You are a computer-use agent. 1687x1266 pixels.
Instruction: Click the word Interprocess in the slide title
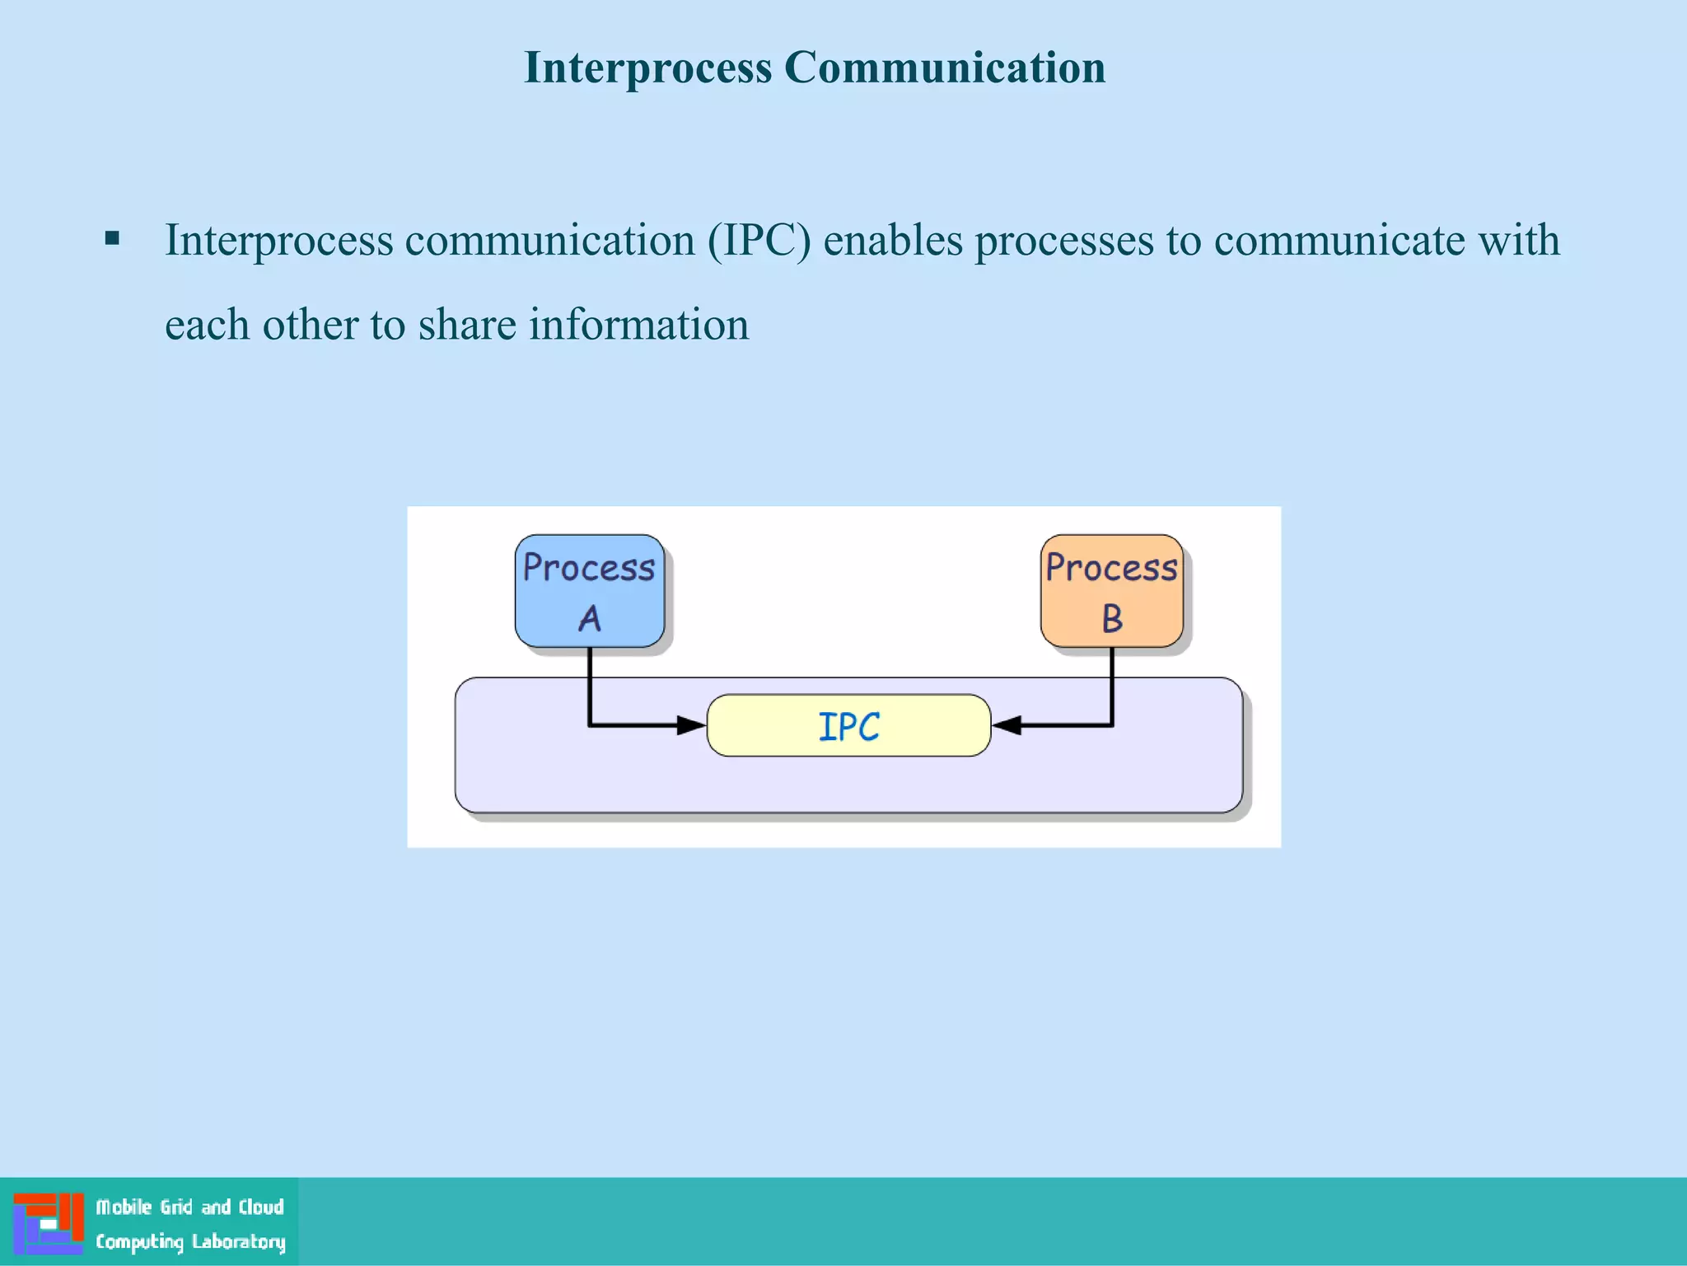tap(648, 68)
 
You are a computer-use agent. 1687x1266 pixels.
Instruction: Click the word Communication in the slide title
tap(945, 68)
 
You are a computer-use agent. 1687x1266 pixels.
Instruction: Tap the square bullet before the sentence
tap(113, 240)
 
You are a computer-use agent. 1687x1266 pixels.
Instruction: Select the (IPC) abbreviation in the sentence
tap(759, 241)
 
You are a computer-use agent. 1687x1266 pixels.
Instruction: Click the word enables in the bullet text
tap(893, 241)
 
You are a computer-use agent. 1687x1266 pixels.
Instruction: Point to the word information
tap(638, 325)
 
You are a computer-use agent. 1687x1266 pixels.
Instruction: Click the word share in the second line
tap(467, 325)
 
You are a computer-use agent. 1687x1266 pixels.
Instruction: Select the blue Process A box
tap(590, 590)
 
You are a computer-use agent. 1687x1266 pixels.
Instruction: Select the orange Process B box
tap(1111, 590)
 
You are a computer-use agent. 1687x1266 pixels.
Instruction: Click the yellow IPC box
tap(848, 725)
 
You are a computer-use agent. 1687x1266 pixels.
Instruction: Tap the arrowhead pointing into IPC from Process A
tap(691, 725)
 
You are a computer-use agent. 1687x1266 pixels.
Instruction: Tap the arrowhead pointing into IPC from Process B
tap(1007, 725)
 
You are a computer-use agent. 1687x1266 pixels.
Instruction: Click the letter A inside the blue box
tap(590, 618)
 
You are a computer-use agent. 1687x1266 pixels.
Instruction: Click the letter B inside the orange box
tap(1112, 618)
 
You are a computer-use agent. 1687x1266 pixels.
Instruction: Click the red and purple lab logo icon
tap(49, 1223)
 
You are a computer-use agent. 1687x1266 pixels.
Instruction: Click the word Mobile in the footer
tap(124, 1207)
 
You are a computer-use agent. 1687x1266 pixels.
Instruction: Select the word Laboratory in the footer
tap(238, 1241)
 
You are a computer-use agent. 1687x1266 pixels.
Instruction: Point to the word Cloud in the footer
tap(261, 1207)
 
